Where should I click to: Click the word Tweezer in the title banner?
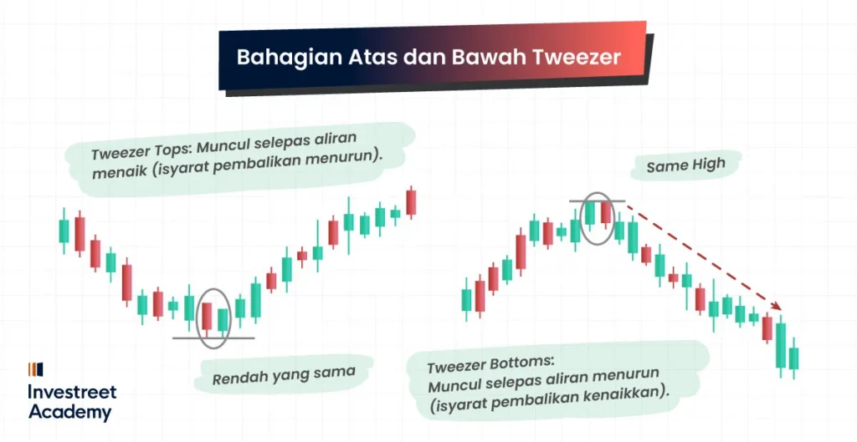point(577,58)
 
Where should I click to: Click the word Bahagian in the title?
point(279,58)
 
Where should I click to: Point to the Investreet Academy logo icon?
point(35,368)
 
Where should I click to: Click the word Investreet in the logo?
point(72,392)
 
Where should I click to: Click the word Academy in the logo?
point(69,412)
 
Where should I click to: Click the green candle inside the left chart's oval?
point(223,319)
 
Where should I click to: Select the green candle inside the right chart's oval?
point(590,213)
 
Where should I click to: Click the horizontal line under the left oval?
point(213,338)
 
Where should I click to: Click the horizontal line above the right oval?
point(597,201)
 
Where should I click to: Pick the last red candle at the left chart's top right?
point(411,202)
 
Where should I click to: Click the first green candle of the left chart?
point(63,231)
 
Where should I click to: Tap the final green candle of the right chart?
point(793,358)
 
